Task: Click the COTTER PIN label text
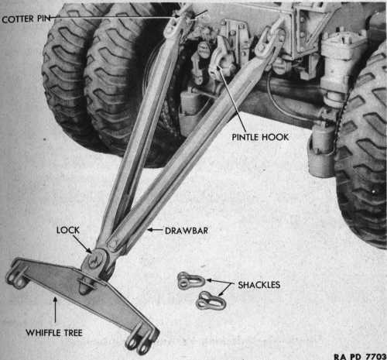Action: (26, 19)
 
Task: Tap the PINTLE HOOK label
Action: (260, 137)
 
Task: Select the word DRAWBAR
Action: (187, 231)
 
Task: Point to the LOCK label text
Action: (68, 230)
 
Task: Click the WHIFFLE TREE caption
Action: (54, 333)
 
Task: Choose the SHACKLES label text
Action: (259, 285)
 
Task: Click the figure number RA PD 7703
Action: (361, 357)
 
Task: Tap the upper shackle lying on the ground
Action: (191, 280)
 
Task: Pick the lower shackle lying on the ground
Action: (211, 301)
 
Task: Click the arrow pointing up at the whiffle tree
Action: (55, 310)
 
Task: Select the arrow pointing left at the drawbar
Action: (155, 230)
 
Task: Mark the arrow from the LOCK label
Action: (82, 244)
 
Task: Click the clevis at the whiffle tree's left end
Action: (17, 273)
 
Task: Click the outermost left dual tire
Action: (68, 77)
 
